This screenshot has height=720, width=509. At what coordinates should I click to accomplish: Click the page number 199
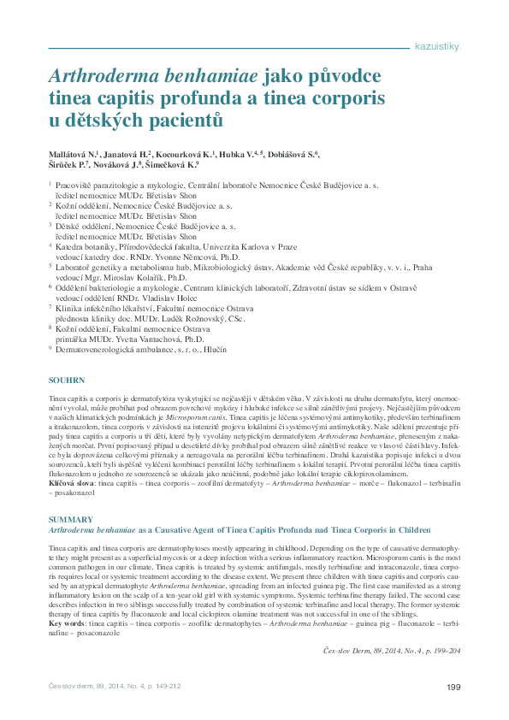[454, 687]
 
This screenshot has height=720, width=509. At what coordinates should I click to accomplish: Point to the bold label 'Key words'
[67, 625]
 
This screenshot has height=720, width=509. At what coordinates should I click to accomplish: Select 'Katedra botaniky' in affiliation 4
[86, 246]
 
